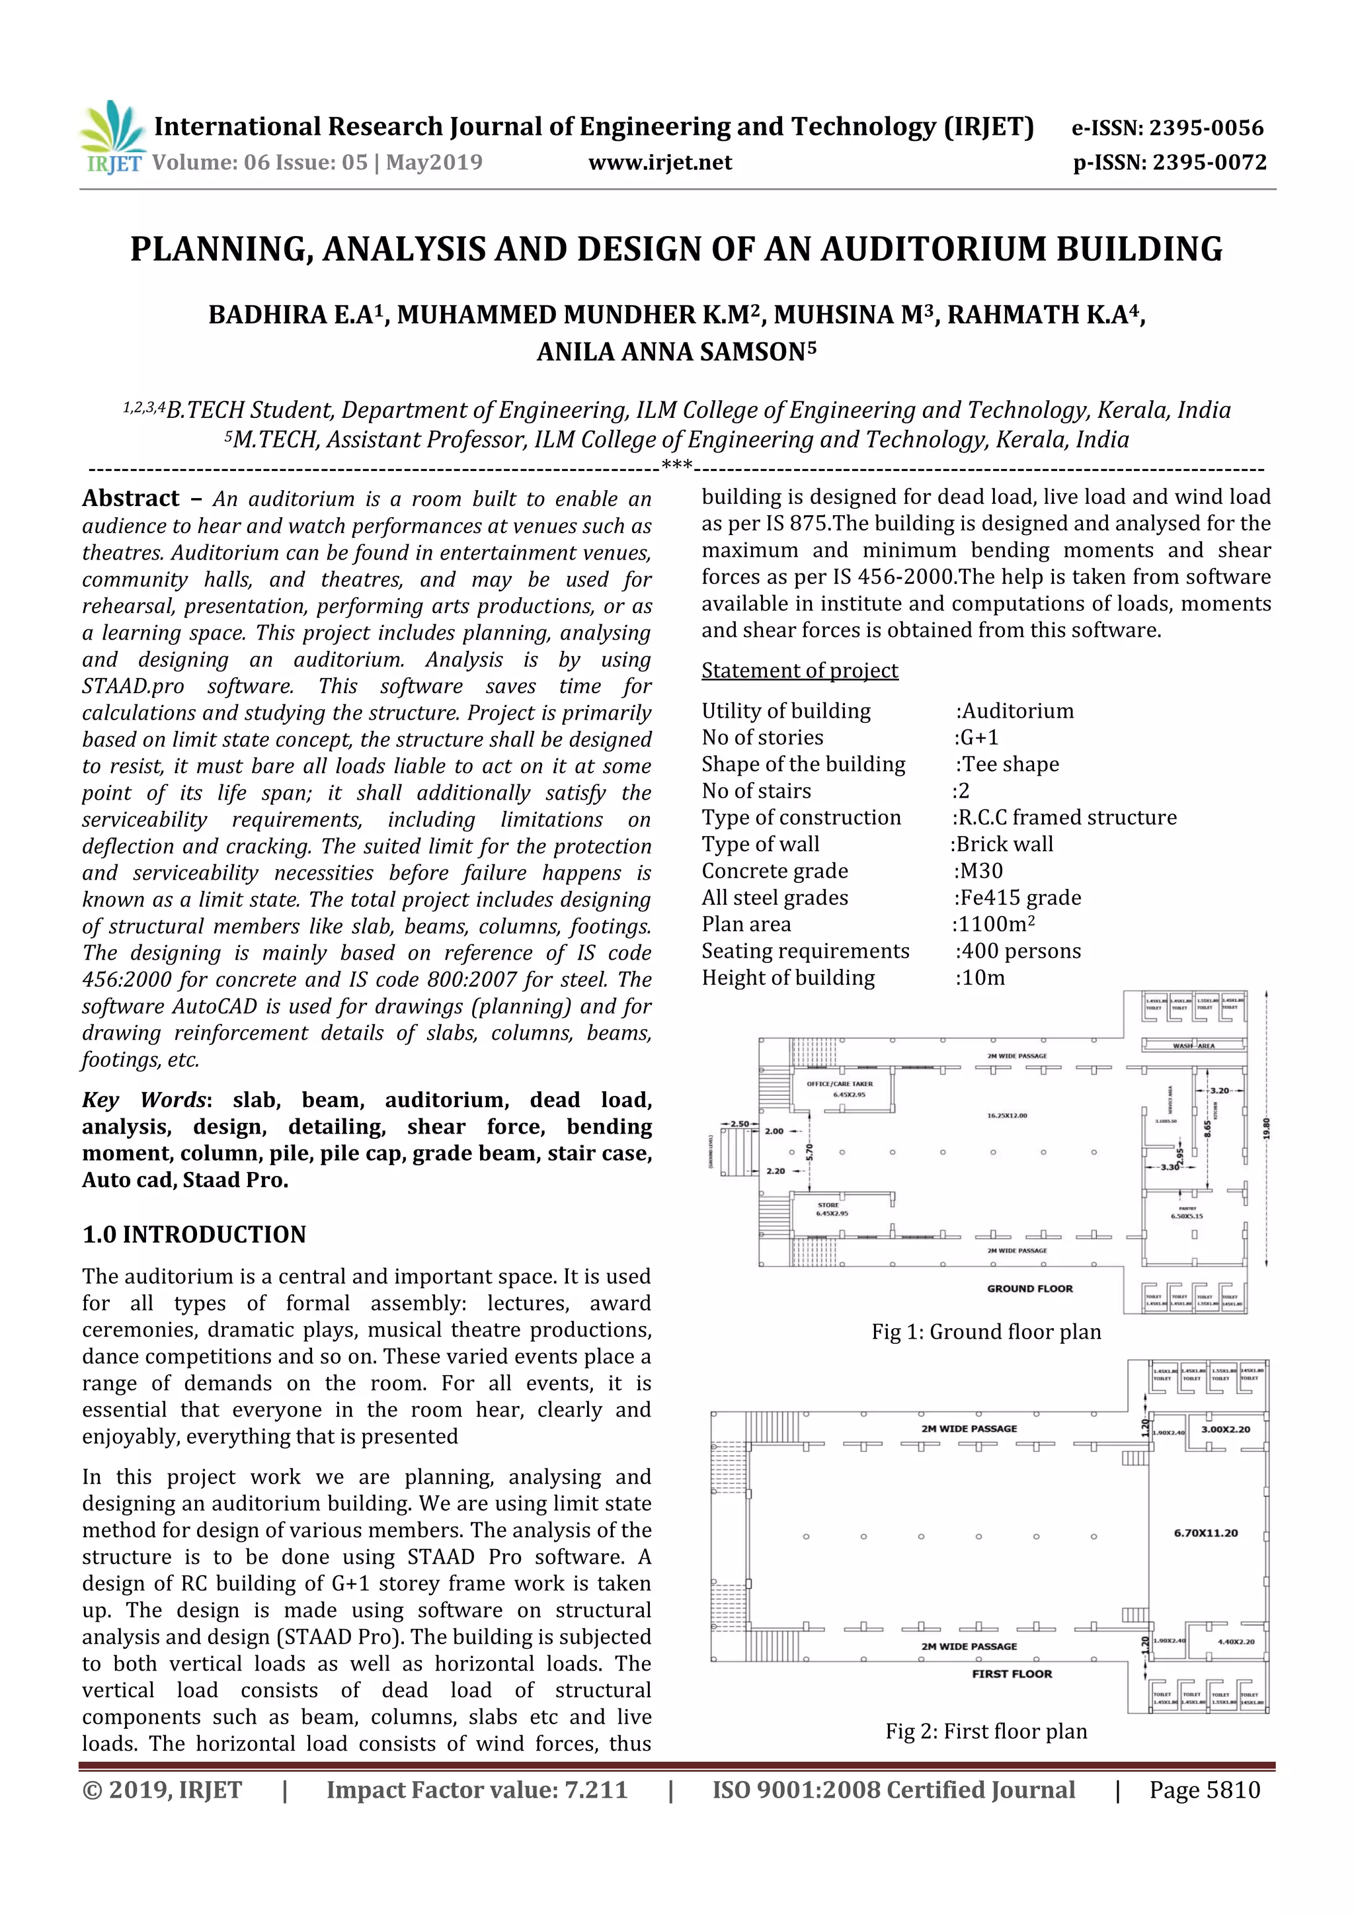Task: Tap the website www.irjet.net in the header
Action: click(x=660, y=163)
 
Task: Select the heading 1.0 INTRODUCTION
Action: click(x=194, y=1234)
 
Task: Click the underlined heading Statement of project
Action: click(x=799, y=670)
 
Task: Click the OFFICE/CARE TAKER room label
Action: click(x=839, y=1083)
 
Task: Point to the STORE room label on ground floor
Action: click(x=828, y=1205)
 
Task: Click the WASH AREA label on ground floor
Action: click(x=1194, y=1046)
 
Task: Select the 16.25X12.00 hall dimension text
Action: click(x=1006, y=1115)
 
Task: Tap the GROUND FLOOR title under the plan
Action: click(x=1029, y=1288)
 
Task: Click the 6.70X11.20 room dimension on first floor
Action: click(x=1205, y=1533)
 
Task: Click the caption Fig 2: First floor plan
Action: click(x=986, y=1731)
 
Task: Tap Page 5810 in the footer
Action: click(x=1204, y=1789)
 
